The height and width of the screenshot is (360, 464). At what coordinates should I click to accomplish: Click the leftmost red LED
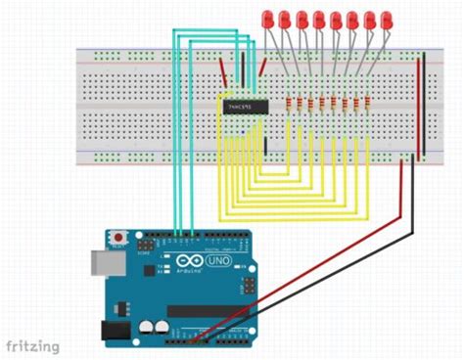click(268, 18)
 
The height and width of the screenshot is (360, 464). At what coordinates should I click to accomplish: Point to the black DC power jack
click(118, 332)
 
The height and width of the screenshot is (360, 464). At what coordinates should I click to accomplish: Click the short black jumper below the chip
click(264, 147)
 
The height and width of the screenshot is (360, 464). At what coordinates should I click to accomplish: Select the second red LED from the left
click(286, 18)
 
